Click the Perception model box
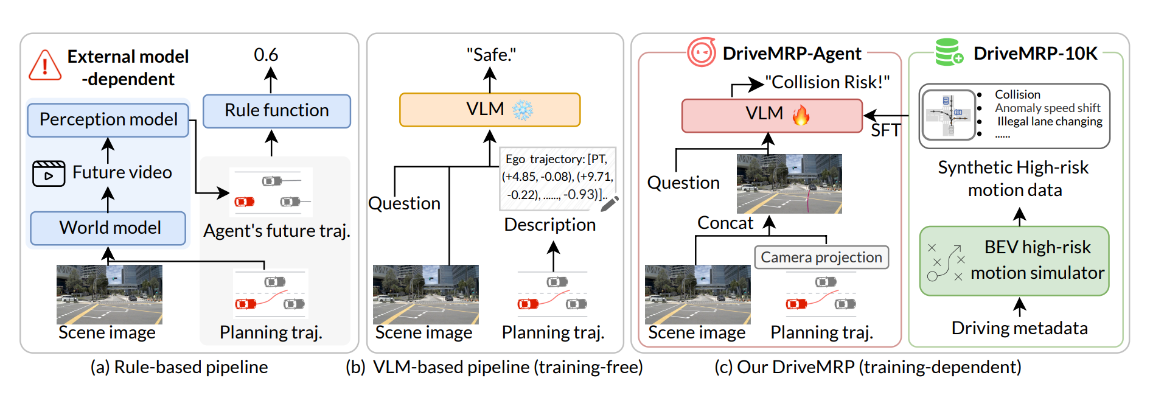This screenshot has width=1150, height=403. (108, 120)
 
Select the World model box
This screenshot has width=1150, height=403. (108, 228)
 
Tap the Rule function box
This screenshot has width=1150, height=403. (277, 111)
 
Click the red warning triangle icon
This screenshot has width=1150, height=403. (45, 66)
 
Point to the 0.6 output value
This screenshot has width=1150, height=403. (266, 55)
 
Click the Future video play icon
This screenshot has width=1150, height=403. (49, 173)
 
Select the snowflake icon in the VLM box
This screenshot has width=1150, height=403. (522, 110)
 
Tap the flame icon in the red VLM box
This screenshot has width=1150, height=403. (801, 114)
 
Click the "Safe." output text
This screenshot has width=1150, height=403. (491, 55)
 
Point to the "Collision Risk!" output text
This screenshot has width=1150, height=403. (827, 82)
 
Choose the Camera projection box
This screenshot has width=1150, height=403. (821, 258)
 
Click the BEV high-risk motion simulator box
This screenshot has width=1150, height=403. (1014, 261)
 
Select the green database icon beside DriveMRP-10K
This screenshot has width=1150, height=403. (948, 52)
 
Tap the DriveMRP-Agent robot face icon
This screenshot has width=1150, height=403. (702, 53)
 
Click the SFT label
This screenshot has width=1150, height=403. (885, 130)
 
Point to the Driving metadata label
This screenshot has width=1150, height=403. (1019, 328)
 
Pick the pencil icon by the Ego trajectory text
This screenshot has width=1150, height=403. (609, 203)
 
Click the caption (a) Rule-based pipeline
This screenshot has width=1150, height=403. (179, 367)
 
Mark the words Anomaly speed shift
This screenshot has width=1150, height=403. (1047, 108)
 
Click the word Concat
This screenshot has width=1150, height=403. (725, 223)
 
